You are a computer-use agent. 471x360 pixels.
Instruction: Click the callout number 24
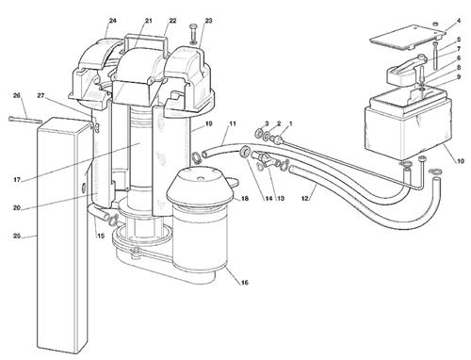[113, 21]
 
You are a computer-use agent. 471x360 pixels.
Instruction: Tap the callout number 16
[245, 283]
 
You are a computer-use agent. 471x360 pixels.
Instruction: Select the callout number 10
[461, 161]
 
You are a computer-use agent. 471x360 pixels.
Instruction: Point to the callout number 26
[17, 95]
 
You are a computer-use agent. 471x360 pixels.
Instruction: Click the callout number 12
[305, 198]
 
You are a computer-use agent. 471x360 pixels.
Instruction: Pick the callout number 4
[459, 21]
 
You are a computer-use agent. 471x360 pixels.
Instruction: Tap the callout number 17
[17, 180]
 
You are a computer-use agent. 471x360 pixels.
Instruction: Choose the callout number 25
[17, 236]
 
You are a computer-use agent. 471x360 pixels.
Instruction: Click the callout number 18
[245, 198]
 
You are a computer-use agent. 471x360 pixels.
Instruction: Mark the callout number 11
[233, 123]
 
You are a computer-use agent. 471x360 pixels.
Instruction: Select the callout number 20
[17, 207]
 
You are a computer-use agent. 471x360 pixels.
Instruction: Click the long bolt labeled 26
[25, 120]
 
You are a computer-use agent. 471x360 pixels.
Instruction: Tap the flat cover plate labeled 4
[408, 38]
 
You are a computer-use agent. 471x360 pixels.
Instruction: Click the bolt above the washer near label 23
[192, 31]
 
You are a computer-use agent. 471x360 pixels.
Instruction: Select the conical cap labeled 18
[201, 188]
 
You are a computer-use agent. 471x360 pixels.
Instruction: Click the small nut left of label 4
[435, 24]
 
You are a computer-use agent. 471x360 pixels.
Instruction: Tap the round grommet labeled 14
[244, 151]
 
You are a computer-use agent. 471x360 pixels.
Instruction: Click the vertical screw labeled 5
[435, 55]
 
